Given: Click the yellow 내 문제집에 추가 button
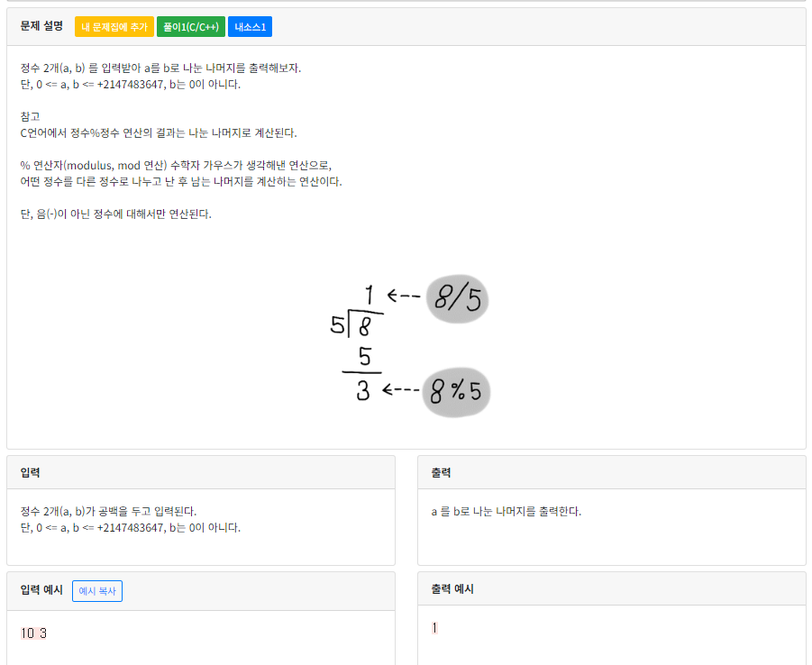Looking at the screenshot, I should click(x=114, y=27).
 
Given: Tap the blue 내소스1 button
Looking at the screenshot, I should click(x=250, y=27).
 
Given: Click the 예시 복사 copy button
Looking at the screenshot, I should click(x=97, y=591).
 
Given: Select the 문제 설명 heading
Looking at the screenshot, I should click(x=41, y=26).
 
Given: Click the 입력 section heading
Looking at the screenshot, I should click(x=30, y=472).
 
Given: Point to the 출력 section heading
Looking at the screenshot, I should click(x=442, y=472).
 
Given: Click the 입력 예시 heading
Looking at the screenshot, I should click(x=41, y=590).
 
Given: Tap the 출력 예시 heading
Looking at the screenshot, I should click(x=452, y=589).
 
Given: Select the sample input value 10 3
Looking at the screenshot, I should click(x=33, y=633).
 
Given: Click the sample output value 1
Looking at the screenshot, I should click(x=434, y=628).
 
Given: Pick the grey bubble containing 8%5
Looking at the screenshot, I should click(x=456, y=392).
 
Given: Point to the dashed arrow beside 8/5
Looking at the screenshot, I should click(x=404, y=296).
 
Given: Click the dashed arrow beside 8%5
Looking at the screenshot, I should click(x=400, y=389).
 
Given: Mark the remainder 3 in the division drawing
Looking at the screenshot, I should click(x=363, y=392).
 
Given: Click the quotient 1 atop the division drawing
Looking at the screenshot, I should click(x=370, y=294).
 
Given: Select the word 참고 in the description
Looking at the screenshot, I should click(x=30, y=116).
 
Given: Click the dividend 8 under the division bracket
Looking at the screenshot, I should click(x=365, y=325).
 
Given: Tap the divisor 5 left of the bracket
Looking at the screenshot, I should click(x=337, y=324).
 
